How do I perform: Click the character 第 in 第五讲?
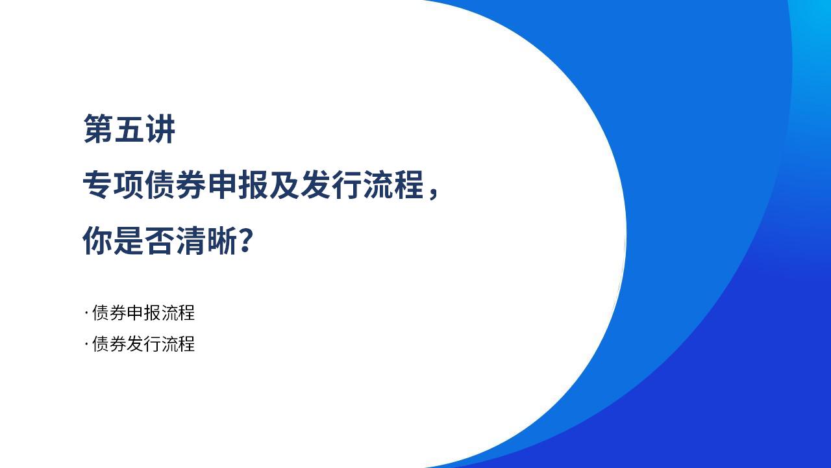(x=98, y=129)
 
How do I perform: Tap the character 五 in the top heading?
(x=129, y=129)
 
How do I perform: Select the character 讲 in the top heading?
(x=160, y=129)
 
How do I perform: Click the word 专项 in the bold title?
(x=113, y=184)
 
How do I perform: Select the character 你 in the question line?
(x=97, y=240)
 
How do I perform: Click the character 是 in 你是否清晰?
(x=129, y=240)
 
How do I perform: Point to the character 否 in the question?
(x=160, y=240)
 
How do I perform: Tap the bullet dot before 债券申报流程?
(x=86, y=313)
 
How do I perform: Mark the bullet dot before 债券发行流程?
(x=86, y=344)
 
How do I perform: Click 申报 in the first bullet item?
(x=143, y=313)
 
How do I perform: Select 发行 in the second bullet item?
(x=143, y=344)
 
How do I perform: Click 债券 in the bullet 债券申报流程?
(x=109, y=313)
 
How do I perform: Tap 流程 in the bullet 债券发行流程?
(x=178, y=344)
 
